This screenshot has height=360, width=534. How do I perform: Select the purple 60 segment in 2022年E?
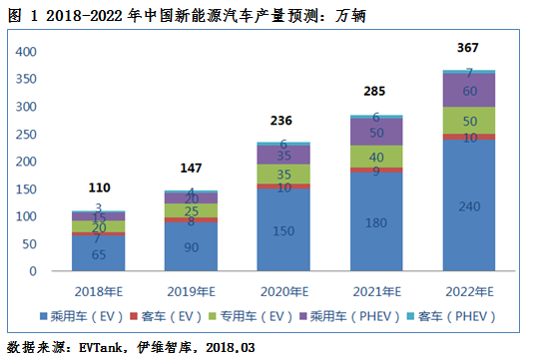pos(468,90)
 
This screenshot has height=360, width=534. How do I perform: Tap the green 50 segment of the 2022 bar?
pos(468,121)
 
